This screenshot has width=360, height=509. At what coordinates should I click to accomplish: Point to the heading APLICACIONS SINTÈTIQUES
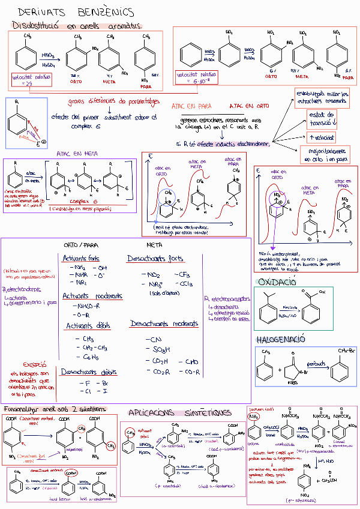point(179,412)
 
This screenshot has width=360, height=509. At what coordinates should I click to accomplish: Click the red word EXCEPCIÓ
point(35,364)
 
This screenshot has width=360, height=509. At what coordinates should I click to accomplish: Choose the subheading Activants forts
point(82,258)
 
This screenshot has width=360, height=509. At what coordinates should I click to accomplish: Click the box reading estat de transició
point(317,118)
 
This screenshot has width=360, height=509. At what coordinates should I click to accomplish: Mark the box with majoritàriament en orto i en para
point(325,155)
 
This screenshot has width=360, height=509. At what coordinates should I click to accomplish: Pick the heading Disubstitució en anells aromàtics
point(77,26)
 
